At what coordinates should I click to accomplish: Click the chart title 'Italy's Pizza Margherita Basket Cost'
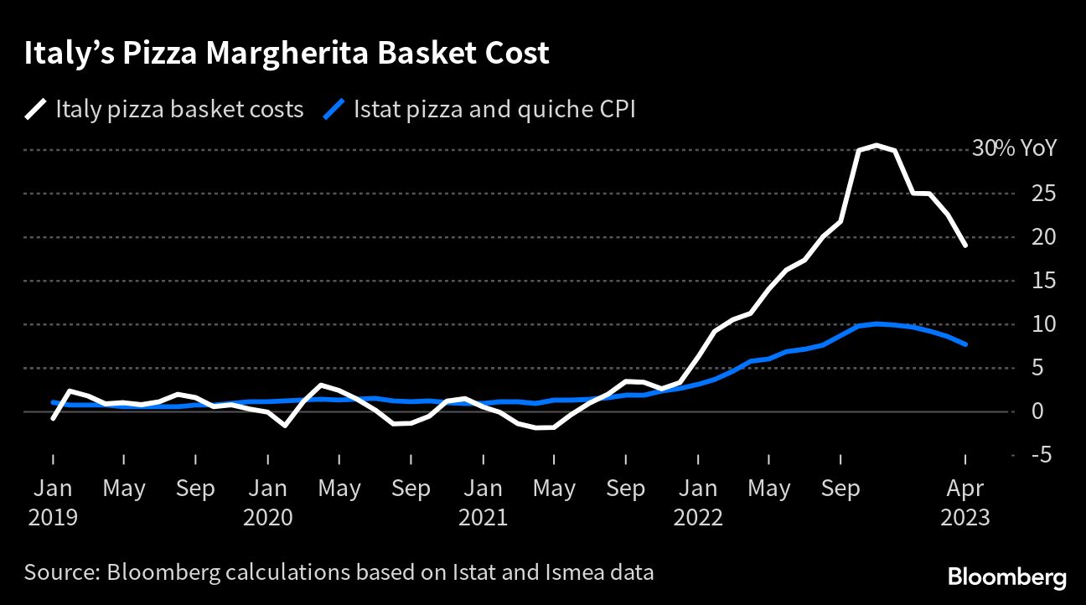point(287,54)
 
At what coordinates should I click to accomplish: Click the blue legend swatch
point(334,109)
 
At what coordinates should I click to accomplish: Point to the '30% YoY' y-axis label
point(1014,149)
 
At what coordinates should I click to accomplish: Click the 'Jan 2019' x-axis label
point(52,502)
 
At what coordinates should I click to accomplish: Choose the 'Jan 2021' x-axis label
point(483,502)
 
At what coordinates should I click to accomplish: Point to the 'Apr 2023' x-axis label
point(965,502)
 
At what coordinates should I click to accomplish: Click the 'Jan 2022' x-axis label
point(698,502)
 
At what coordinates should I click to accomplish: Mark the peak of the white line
point(876,145)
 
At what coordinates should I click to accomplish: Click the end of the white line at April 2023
point(966,246)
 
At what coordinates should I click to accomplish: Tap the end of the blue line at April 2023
point(966,344)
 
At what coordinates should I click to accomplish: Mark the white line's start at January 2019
point(53,418)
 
